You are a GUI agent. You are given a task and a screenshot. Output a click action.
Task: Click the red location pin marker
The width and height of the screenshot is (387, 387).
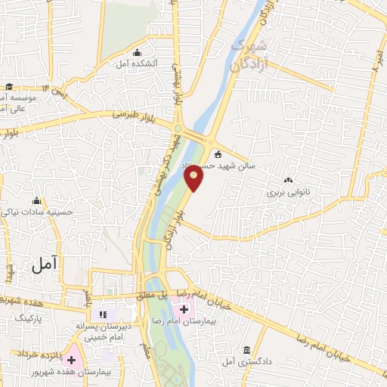[x=194, y=178]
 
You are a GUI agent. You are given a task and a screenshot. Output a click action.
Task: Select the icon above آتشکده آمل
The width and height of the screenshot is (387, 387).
[x=137, y=52]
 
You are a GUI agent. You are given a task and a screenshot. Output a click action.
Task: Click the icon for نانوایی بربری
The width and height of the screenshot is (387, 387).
[x=287, y=180]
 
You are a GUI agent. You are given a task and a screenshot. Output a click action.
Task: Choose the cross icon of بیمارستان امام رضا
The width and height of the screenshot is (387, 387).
[x=181, y=308]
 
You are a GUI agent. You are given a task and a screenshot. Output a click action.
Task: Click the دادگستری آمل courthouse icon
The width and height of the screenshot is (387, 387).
[x=247, y=349]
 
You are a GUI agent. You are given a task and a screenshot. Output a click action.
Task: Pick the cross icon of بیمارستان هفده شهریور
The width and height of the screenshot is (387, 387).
[x=73, y=360]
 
